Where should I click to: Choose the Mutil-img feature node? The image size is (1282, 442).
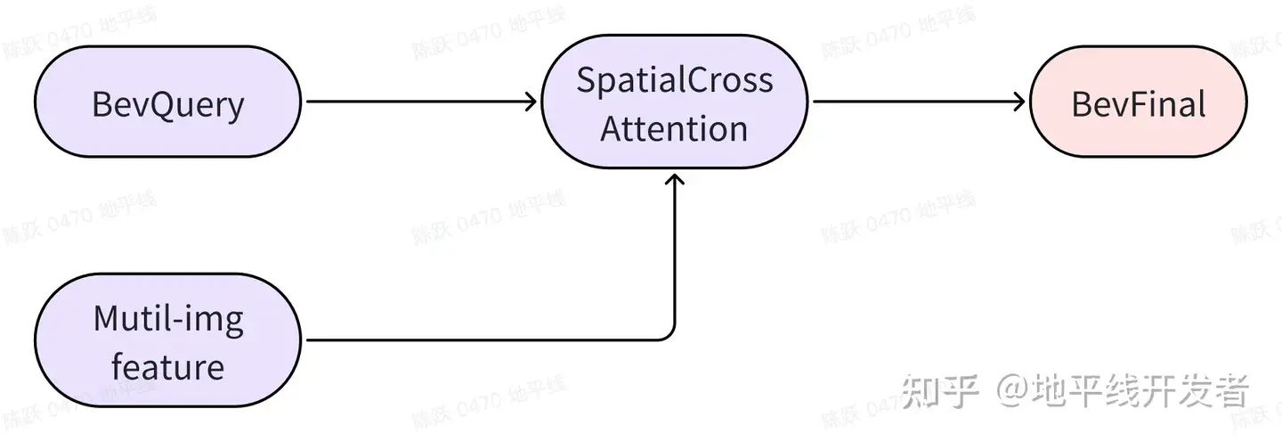pyautogui.click(x=167, y=341)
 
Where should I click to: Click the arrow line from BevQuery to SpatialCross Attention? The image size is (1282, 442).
pyautogui.click(x=418, y=102)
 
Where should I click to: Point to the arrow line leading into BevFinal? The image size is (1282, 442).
pyautogui.click(x=917, y=102)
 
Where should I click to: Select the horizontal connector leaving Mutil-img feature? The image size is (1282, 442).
pyautogui.click(x=481, y=340)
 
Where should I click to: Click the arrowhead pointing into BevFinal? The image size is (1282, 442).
pyautogui.click(x=1020, y=102)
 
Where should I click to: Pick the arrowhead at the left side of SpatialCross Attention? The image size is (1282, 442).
pyautogui.click(x=531, y=102)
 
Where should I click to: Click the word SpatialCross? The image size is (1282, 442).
pyautogui.click(x=675, y=80)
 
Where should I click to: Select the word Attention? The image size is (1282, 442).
pyautogui.click(x=675, y=128)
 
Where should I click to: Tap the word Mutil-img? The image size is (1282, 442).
pyautogui.click(x=167, y=319)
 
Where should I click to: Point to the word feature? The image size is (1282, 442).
pyautogui.click(x=167, y=366)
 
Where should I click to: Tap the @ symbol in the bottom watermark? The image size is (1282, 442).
pyautogui.click(x=1012, y=391)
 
